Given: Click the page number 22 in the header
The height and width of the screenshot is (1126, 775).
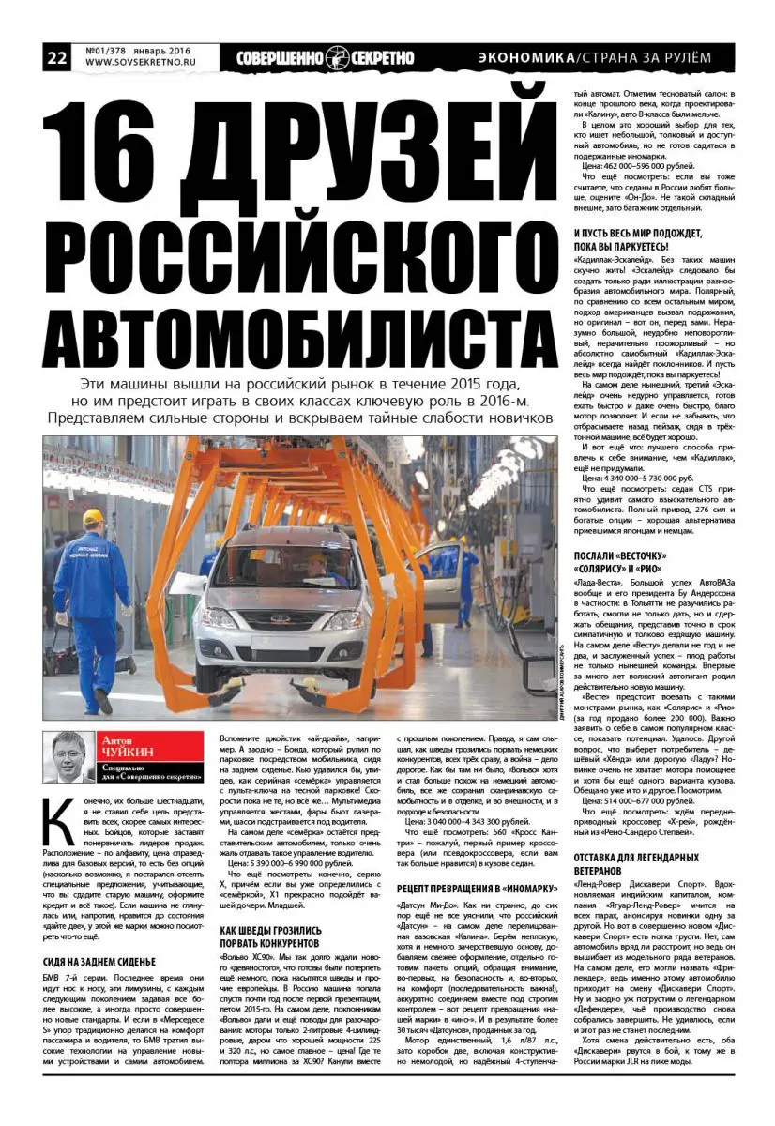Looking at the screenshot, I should [x=56, y=57].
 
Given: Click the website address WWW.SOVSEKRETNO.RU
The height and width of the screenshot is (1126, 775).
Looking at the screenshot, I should [x=140, y=64].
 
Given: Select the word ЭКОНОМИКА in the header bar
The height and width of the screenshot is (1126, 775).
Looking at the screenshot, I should [x=526, y=57].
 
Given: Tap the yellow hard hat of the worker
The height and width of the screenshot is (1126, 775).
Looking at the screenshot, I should [x=92, y=517].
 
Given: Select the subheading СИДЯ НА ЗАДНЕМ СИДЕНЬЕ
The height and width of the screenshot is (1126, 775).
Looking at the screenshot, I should [x=99, y=962].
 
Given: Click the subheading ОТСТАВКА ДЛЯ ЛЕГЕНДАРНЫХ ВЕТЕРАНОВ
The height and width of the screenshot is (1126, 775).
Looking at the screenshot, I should [x=642, y=863].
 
